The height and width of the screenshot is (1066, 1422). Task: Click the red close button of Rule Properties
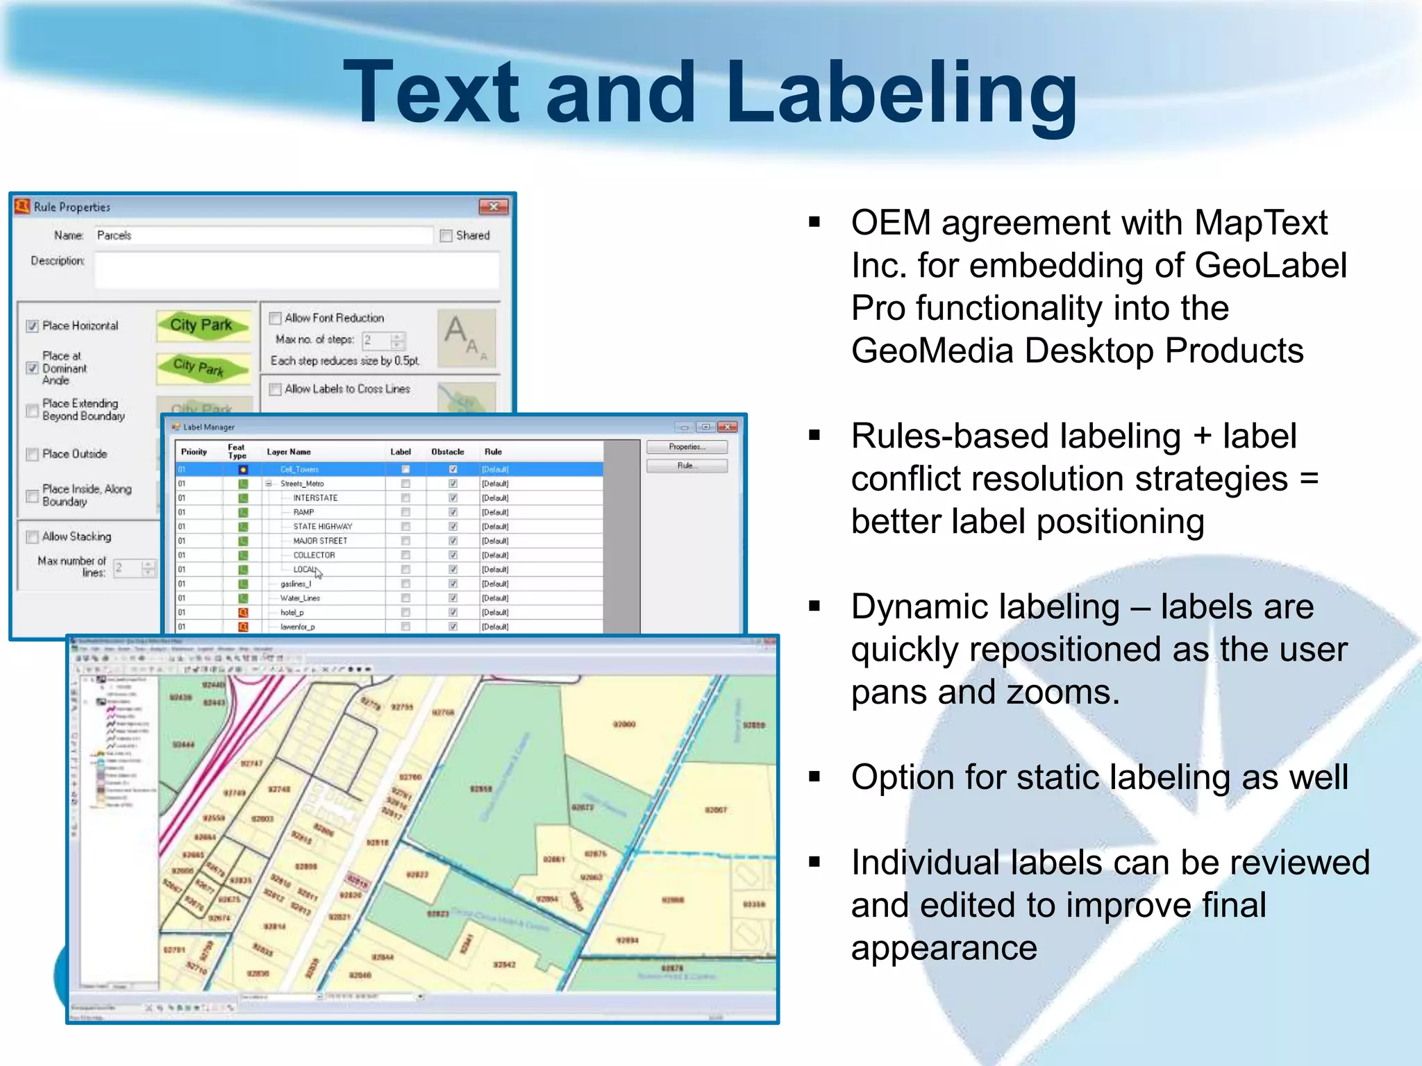coord(493,207)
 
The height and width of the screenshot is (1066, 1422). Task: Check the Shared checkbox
coord(446,236)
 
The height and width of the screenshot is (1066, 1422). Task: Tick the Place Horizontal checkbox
coord(33,326)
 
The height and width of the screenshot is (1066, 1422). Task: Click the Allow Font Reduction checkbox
coord(275,319)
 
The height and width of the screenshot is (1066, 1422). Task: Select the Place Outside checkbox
coord(33,455)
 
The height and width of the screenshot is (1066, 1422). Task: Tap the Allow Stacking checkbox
coord(33,537)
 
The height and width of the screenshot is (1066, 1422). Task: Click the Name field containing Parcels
coord(262,236)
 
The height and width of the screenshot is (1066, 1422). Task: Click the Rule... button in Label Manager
coord(686,466)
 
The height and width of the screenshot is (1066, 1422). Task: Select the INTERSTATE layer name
coord(315,498)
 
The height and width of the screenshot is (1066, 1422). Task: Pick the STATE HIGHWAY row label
coord(322,527)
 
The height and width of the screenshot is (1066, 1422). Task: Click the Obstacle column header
coord(448,452)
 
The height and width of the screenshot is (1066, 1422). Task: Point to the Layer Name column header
coord(289,452)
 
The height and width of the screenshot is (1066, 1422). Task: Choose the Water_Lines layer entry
coord(300,598)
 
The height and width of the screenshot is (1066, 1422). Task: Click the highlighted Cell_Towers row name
coord(299,470)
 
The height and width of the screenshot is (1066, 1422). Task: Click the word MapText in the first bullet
coord(1261,223)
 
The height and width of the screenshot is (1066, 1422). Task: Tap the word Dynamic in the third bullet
coord(916,607)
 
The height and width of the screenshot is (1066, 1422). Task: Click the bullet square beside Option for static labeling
coord(814,777)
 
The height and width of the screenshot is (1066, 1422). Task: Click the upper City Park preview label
coord(201,325)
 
